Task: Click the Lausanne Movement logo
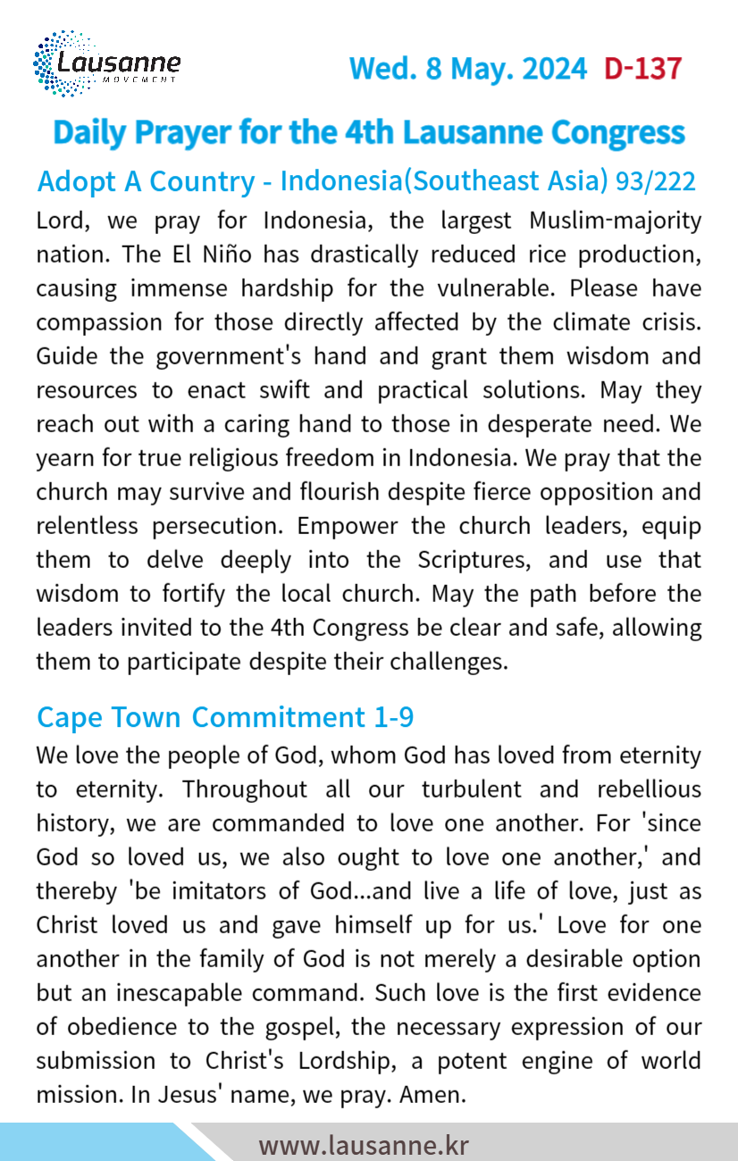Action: click(x=106, y=64)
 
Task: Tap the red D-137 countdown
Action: click(x=642, y=69)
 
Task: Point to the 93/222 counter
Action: click(x=656, y=181)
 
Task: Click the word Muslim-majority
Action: click(x=606, y=221)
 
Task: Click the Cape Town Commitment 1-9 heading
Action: click(x=224, y=716)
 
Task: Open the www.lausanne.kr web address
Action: click(x=363, y=1145)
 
